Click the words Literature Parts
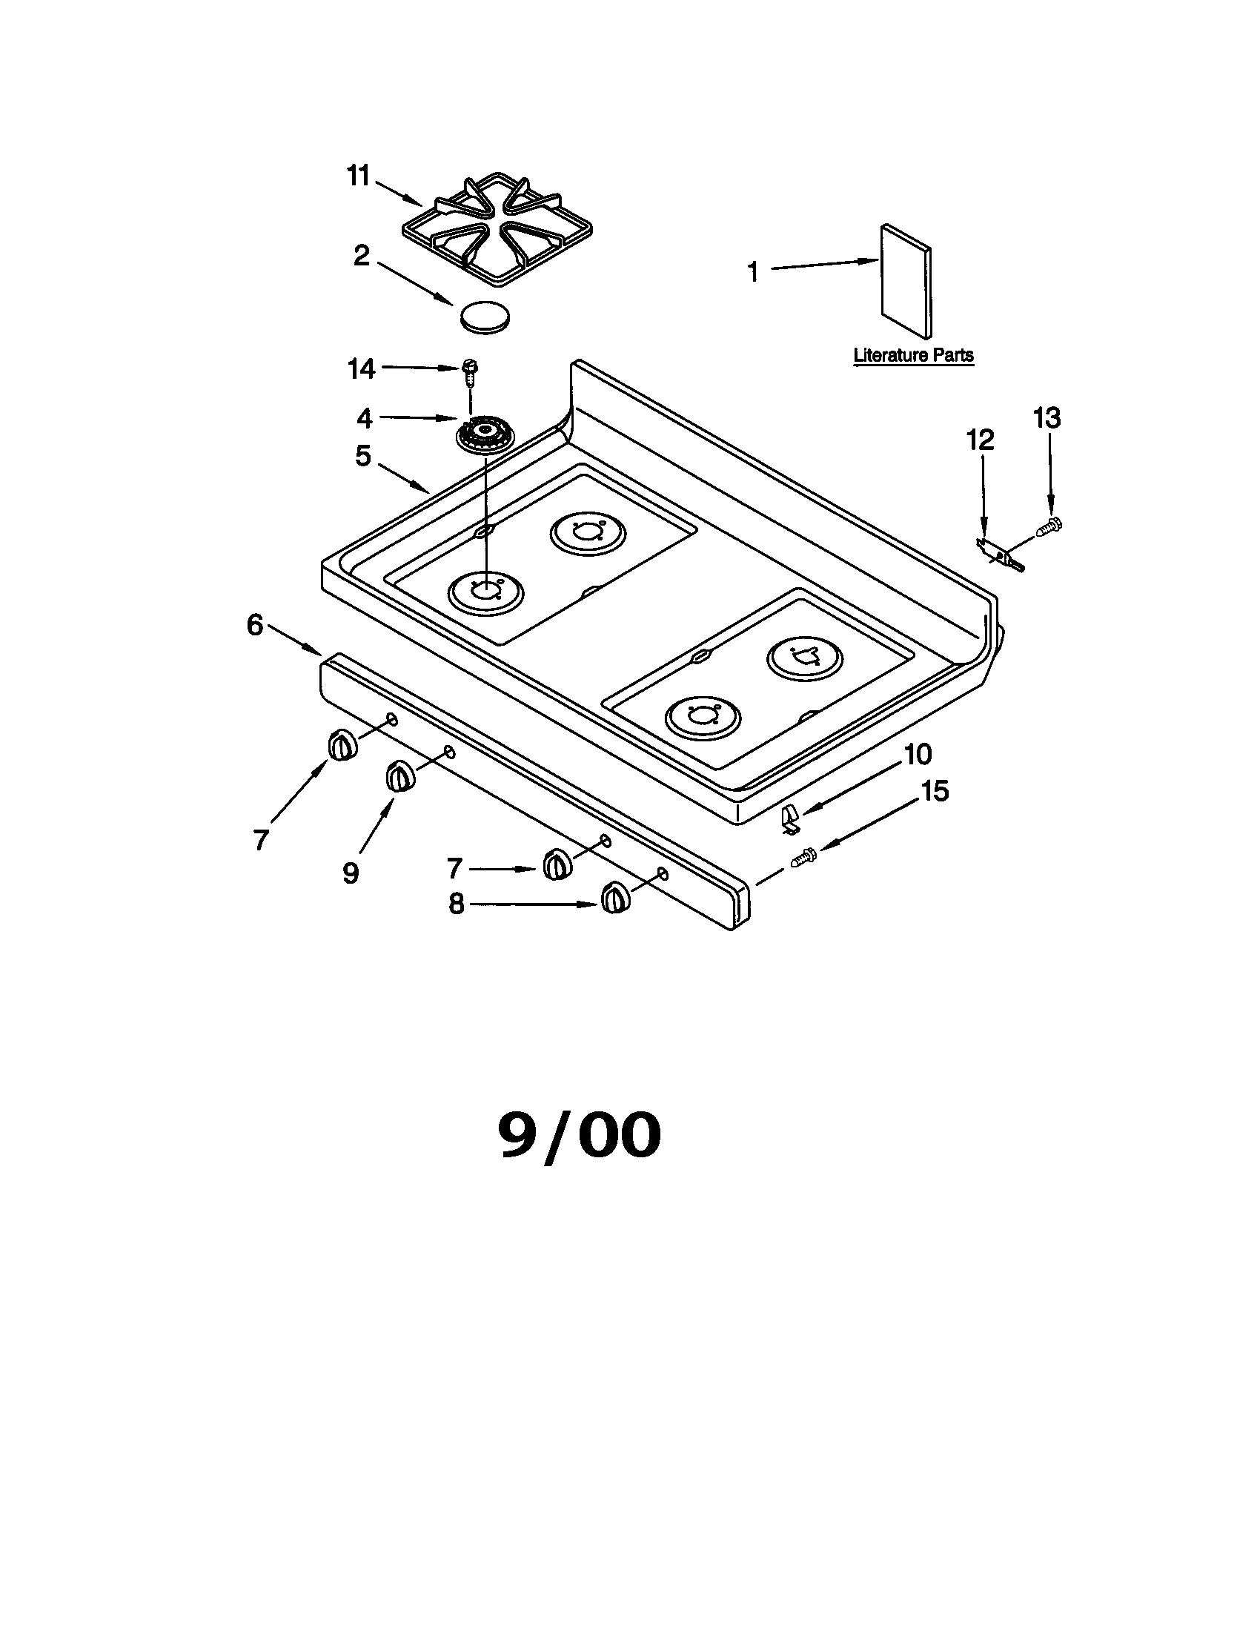(x=913, y=354)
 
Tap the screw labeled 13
(x=1050, y=526)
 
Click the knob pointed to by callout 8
(x=615, y=896)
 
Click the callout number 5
(x=362, y=455)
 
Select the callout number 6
(x=255, y=624)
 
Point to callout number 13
(x=1047, y=418)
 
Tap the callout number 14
(x=362, y=369)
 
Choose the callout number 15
(x=934, y=791)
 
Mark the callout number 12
(x=981, y=440)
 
